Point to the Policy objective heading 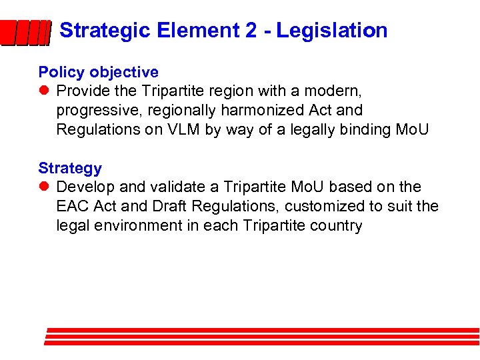point(99,72)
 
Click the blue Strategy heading point(70,168)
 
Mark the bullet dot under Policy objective point(44,91)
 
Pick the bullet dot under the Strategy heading point(44,187)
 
